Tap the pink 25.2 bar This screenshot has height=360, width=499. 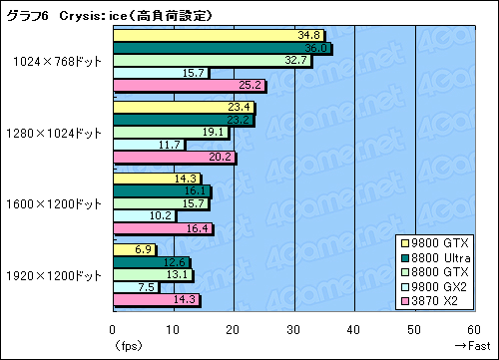188,85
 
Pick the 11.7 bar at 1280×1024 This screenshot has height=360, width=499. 145,145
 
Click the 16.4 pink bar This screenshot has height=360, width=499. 162,228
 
